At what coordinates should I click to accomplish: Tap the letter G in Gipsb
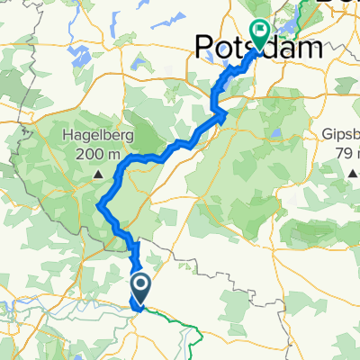click(327, 137)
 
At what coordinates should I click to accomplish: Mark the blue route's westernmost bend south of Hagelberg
click(98, 208)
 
